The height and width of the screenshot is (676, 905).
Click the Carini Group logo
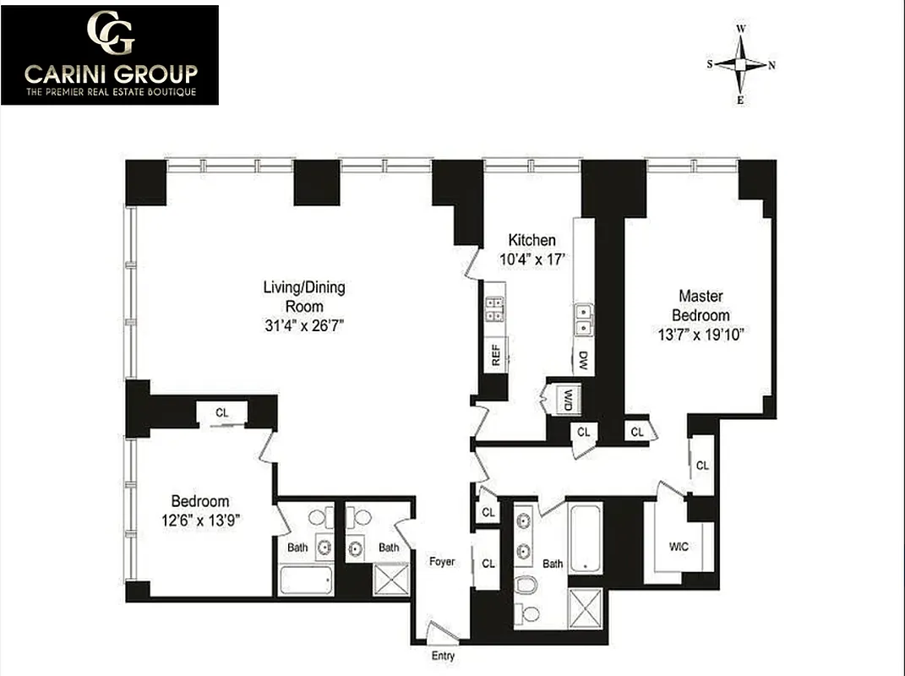coord(110,55)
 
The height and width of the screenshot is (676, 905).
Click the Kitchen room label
coord(532,241)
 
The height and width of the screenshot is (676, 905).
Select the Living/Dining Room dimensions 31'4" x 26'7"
coord(304,325)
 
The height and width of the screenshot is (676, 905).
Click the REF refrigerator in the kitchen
coord(496,353)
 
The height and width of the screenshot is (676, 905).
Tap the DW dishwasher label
coord(582,362)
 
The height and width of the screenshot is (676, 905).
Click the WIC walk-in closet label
coord(678,547)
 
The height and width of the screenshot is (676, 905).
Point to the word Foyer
coord(441,562)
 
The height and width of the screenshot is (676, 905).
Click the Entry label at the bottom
coord(442,656)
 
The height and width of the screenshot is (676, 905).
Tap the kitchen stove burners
coord(494,310)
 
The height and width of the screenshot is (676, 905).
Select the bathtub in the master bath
coord(585,537)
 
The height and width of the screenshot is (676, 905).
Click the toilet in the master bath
coord(526,585)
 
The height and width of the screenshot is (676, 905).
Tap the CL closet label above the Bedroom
coord(221,413)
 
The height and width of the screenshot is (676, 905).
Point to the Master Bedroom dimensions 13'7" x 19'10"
coord(701,334)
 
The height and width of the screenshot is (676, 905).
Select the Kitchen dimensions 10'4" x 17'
coord(532,260)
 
